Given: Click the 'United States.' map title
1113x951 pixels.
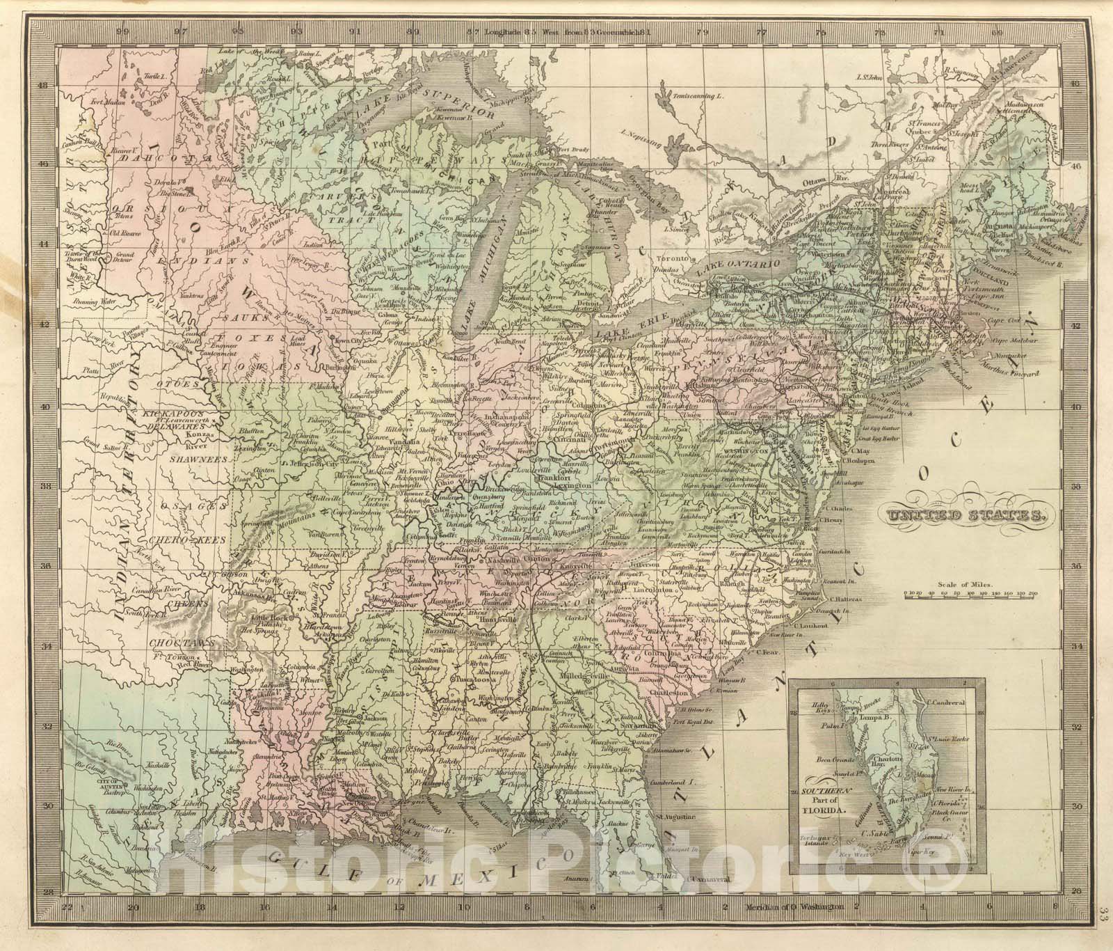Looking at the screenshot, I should (x=963, y=515).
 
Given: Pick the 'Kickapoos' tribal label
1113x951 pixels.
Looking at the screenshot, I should (x=172, y=414).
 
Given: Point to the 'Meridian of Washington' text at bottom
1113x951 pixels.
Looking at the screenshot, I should (x=794, y=907).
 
